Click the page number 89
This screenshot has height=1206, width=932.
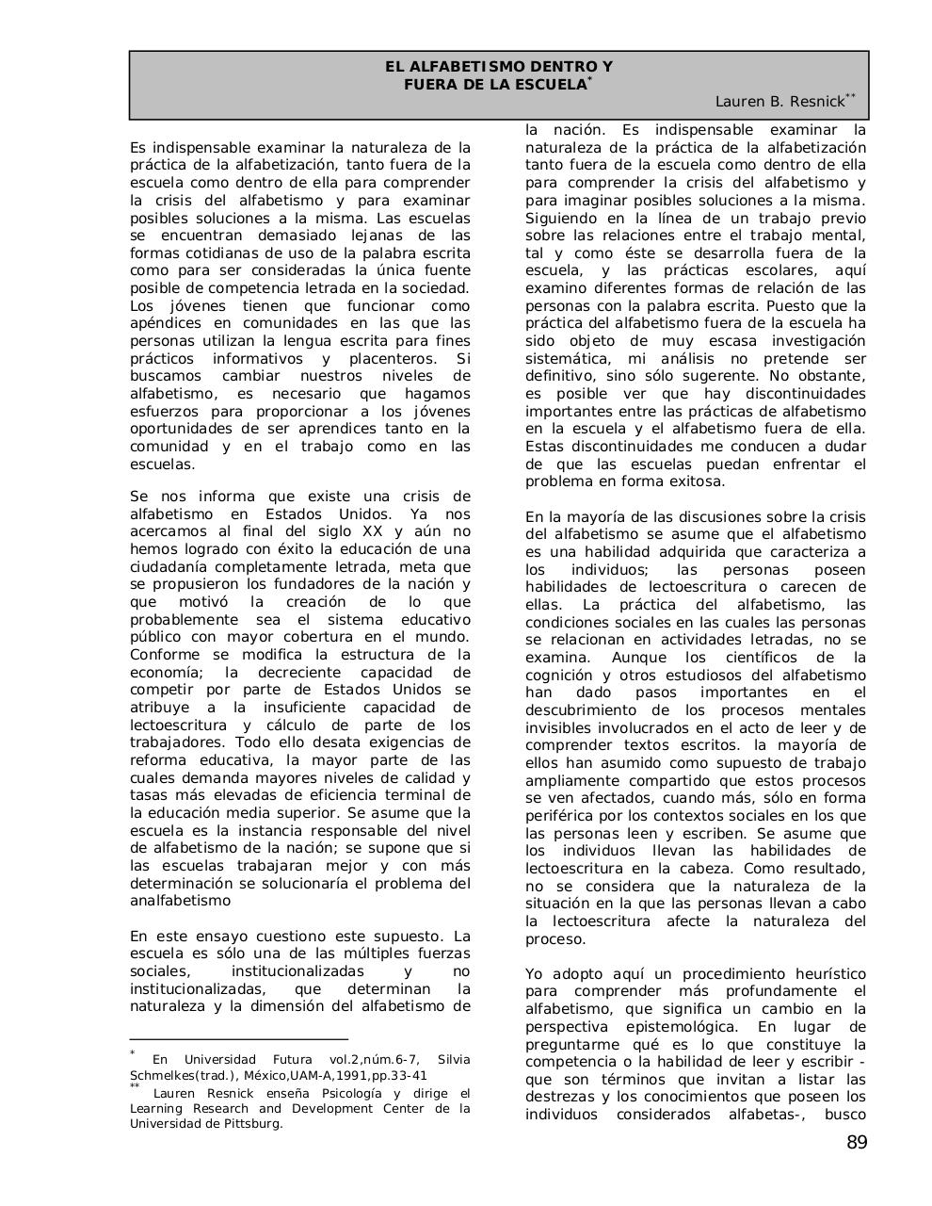857,1143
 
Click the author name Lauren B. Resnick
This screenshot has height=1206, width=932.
779,102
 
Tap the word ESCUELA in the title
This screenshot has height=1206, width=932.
550,84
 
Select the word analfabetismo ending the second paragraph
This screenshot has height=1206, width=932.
180,901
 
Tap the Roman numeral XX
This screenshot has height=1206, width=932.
362,531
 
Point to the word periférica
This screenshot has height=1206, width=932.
563,816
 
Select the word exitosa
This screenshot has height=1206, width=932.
697,481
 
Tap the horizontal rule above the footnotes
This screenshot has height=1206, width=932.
239,1039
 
